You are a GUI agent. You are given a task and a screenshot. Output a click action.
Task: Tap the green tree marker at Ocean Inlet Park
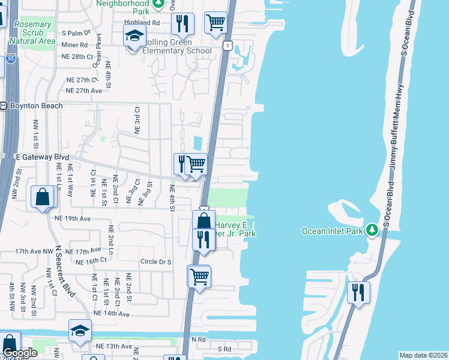372,230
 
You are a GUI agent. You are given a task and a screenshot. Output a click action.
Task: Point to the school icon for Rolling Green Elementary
135,36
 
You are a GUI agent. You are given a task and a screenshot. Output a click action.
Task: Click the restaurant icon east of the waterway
358,293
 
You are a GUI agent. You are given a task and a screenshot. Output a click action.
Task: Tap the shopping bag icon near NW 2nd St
43,197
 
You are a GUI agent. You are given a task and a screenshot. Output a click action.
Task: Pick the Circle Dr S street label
155,262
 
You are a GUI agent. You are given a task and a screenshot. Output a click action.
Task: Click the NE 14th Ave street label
111,314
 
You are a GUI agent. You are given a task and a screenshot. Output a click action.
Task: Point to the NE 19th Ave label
72,219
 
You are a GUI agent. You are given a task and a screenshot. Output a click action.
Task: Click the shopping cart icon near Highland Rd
215,23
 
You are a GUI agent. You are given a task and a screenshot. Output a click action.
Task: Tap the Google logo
20,353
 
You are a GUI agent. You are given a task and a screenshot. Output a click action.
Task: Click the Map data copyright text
423,355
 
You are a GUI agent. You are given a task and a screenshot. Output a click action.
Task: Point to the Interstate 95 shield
11,58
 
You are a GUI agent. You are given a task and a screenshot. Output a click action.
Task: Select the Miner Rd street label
74,44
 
